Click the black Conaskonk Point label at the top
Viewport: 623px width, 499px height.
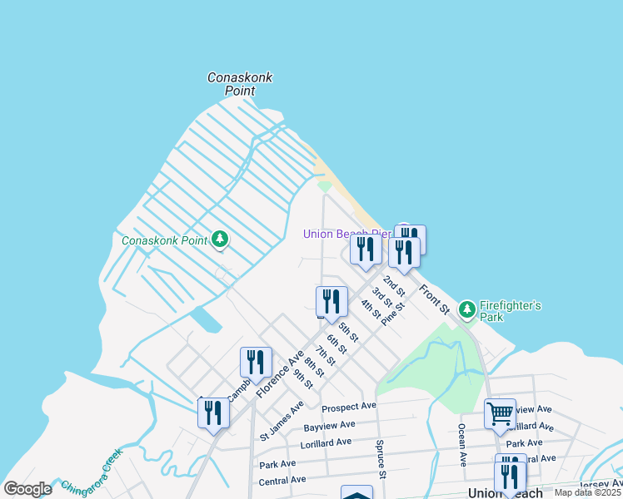[x=240, y=83]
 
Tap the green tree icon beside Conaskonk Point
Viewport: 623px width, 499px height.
[x=220, y=240]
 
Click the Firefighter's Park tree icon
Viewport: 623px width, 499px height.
[x=467, y=309]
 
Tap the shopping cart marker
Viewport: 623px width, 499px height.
[x=500, y=413]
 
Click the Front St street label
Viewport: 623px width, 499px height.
[x=434, y=299]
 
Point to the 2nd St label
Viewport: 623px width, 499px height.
[x=394, y=286]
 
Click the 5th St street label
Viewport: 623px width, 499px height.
[x=348, y=332]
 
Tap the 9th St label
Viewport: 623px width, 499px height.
[x=302, y=378]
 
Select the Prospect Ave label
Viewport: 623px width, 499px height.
[x=349, y=407]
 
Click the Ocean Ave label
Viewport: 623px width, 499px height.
[x=461, y=443]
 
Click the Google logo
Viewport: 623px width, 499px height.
[x=27, y=489]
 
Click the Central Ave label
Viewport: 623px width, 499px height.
[x=282, y=480]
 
